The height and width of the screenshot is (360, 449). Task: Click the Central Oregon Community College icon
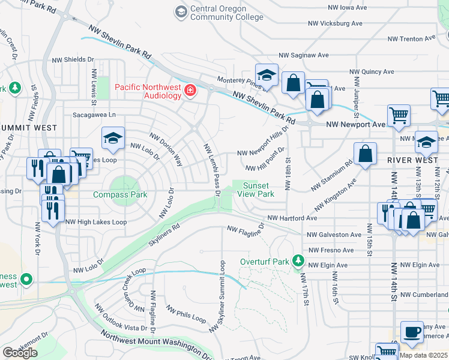[181, 11]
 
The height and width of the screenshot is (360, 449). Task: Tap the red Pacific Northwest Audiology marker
[190, 91]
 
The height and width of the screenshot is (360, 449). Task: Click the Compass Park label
[120, 195]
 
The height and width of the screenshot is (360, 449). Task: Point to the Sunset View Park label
[258, 190]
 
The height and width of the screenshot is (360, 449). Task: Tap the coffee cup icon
[412, 332]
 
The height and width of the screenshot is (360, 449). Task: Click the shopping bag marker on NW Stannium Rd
[365, 154]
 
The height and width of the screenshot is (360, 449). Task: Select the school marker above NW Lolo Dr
[113, 139]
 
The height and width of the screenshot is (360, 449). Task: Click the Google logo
[20, 352]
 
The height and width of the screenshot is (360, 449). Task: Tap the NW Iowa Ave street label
[351, 8]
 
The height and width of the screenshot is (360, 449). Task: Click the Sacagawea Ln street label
[94, 114]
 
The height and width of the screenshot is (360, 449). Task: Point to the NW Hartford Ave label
[292, 218]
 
